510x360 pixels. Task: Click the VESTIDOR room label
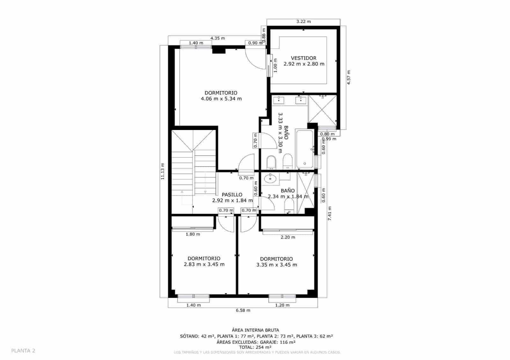pos(303,58)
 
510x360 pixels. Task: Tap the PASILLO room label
pos(232,195)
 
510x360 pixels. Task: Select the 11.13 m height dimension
pos(163,171)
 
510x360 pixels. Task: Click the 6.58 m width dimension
pos(243,310)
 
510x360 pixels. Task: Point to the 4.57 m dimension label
pos(349,77)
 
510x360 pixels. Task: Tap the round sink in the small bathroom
pos(270,178)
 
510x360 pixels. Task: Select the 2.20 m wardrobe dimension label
pos(288,237)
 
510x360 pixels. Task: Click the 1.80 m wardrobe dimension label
pos(193,234)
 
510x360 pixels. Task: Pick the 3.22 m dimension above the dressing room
pos(303,22)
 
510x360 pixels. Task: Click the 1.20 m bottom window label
pos(282,305)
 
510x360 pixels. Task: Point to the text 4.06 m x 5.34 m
pos(221,99)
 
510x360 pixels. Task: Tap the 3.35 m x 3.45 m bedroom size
pos(277,265)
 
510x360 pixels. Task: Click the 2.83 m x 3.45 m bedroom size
pos(204,264)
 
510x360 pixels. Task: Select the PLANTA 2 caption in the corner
pos(23,351)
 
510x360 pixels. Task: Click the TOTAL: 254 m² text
pos(255,347)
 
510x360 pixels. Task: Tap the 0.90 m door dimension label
pos(255,43)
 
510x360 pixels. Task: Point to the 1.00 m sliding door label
pos(275,65)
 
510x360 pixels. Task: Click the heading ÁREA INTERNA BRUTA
pos(255,330)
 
